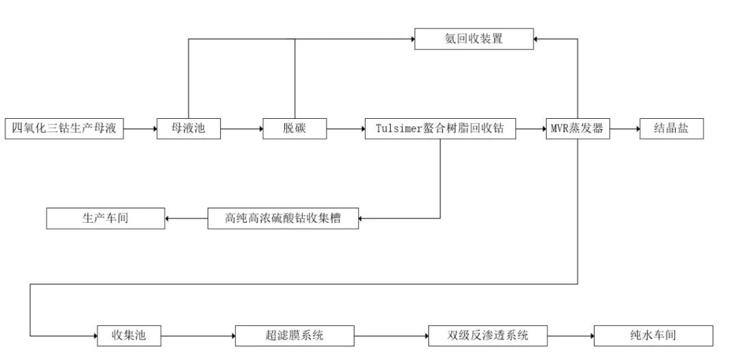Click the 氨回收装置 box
(474, 38)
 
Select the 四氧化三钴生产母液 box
(64, 128)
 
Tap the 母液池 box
(189, 128)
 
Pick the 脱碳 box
(295, 128)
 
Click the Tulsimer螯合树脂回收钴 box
(439, 128)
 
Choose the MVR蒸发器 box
(577, 128)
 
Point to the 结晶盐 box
(671, 128)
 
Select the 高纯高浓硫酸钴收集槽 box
(283, 219)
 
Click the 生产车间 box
(105, 219)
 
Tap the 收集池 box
(129, 335)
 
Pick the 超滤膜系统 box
(295, 335)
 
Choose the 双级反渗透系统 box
(488, 335)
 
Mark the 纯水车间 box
(653, 335)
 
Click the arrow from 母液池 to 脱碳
(242, 128)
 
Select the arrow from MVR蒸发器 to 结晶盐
(625, 128)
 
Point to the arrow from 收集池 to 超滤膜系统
(198, 335)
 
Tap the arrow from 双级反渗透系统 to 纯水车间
(571, 335)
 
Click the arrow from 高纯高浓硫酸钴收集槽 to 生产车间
(186, 219)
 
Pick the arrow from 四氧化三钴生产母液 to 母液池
(140, 128)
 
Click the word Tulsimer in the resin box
(400, 128)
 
